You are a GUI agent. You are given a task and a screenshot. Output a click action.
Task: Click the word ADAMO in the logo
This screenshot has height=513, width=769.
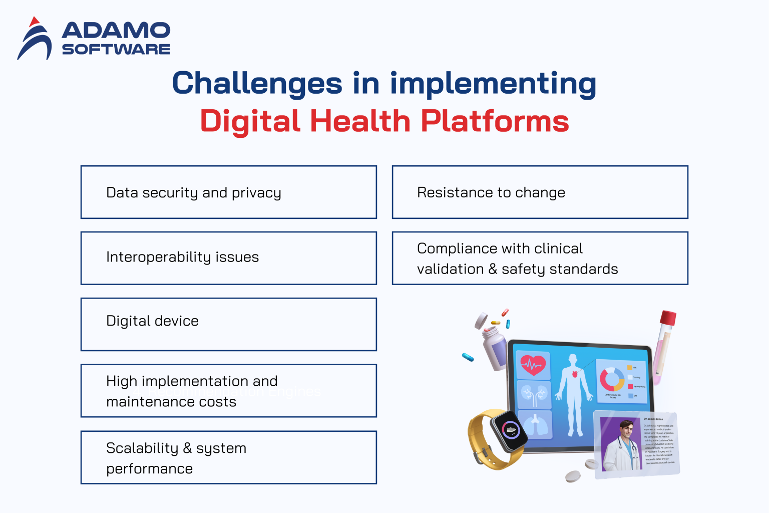coord(116,31)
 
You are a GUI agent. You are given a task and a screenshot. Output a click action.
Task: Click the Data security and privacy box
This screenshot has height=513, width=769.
coord(228,192)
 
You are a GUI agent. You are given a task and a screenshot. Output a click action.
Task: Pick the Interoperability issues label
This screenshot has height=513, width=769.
coord(182,257)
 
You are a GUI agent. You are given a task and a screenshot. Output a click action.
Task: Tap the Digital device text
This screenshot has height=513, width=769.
coord(152,321)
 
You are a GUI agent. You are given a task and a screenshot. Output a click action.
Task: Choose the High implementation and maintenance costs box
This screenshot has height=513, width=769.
coord(228,391)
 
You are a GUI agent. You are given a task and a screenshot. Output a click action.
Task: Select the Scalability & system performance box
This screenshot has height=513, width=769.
coord(228,457)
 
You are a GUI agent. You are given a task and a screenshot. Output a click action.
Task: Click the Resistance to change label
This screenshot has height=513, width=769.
coord(491,193)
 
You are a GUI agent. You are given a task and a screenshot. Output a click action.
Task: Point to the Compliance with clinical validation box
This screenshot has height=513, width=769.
coord(540,259)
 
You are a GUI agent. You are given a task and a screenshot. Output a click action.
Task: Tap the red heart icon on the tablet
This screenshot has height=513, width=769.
coord(533,365)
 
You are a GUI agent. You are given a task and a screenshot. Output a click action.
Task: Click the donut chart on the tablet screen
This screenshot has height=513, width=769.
coord(612,379)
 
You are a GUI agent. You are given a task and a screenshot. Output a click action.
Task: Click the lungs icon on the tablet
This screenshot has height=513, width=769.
coord(535,424)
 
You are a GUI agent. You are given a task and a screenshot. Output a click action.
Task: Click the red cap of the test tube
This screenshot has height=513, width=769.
coord(668,318)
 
